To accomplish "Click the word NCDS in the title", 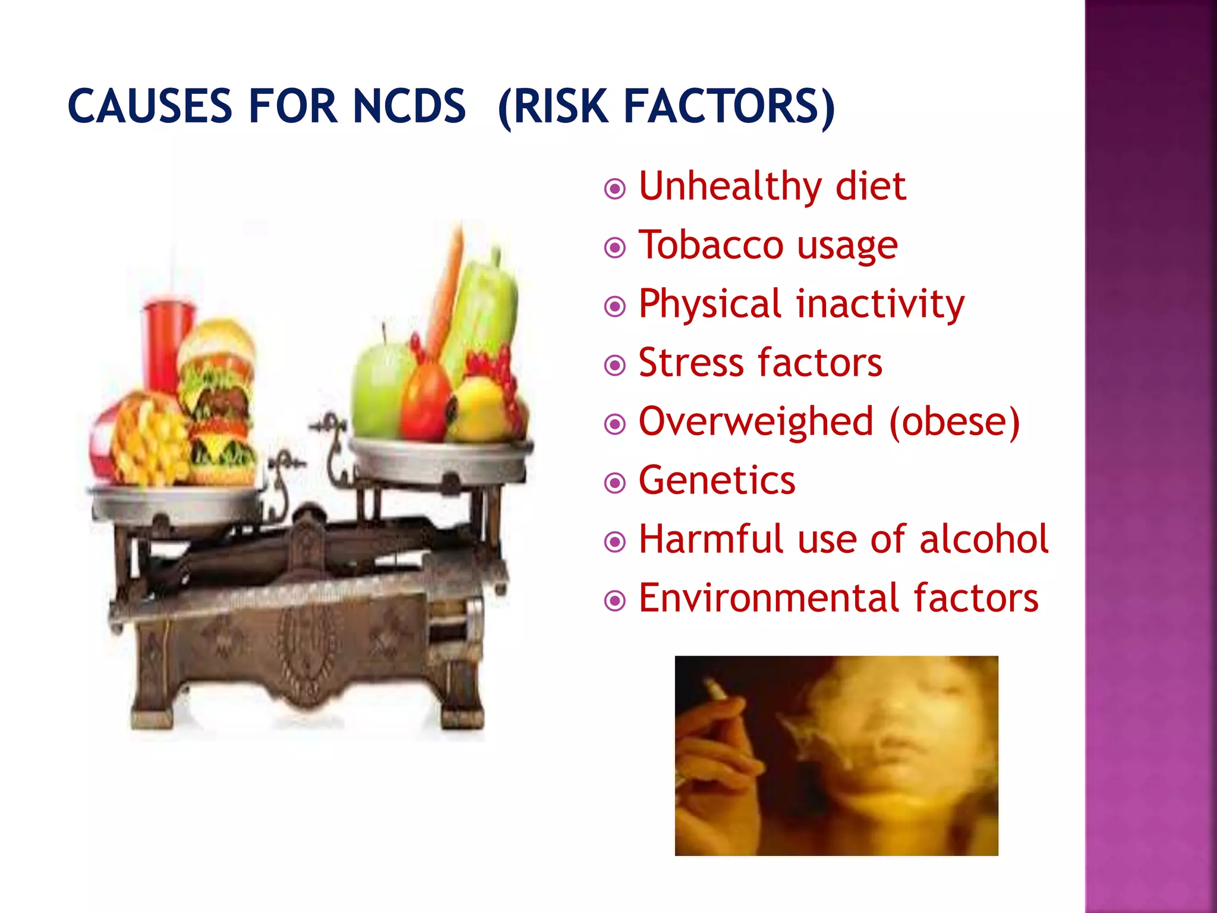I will tap(409, 107).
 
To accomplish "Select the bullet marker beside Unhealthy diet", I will tap(614, 190).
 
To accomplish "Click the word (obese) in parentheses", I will tap(954, 421).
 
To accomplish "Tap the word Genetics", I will tap(717, 480).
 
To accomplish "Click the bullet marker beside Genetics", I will tap(614, 483).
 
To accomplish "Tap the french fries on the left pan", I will tap(146, 440).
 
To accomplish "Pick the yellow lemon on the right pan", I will tap(478, 410).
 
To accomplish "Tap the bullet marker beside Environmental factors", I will tap(614, 601).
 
